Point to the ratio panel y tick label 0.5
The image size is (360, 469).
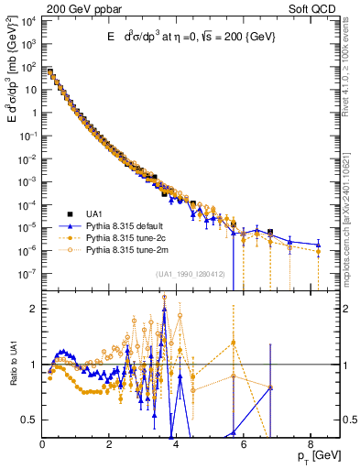(30, 420)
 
